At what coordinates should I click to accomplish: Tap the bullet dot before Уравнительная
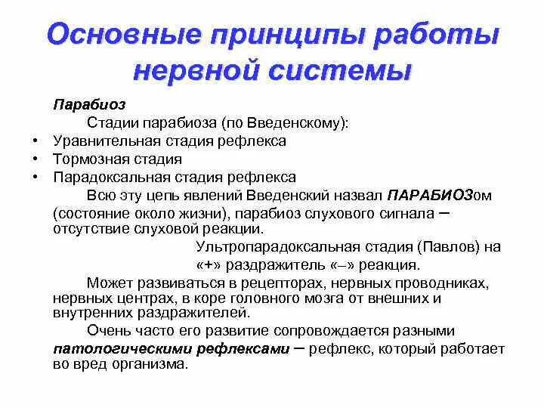coord(36,141)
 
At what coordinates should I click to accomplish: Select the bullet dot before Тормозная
coord(36,159)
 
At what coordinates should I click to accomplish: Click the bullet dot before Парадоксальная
coord(36,178)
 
